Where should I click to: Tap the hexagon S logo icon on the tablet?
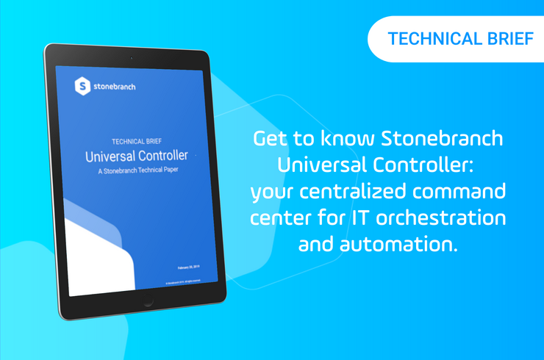[84, 86]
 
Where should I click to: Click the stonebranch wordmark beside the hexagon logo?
[115, 87]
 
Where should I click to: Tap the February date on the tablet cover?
[193, 267]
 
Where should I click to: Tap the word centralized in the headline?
[358, 192]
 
